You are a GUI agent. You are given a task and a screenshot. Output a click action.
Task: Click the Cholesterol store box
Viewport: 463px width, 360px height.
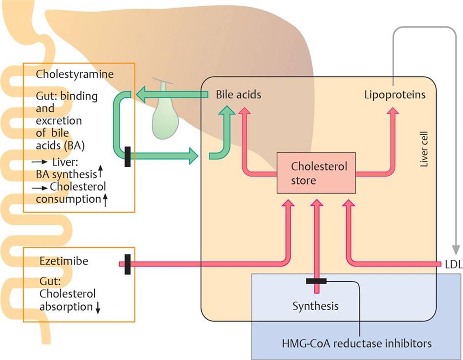click(x=316, y=173)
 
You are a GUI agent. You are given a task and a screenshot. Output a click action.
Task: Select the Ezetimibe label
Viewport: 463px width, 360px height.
click(x=64, y=261)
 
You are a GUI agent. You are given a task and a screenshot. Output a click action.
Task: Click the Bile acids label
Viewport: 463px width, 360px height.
click(x=238, y=95)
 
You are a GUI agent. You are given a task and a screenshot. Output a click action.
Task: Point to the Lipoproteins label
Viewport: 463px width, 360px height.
click(x=395, y=95)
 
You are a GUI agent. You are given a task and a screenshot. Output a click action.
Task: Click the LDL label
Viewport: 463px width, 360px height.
click(x=454, y=264)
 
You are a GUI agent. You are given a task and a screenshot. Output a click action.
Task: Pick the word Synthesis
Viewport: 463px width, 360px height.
click(x=316, y=306)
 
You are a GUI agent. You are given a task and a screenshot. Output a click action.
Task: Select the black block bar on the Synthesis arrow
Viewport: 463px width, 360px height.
click(x=316, y=281)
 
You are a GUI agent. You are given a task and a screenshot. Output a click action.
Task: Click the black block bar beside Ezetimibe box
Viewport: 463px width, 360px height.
click(x=127, y=264)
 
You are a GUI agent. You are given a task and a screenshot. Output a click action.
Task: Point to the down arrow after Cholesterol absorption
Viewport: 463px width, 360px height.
click(x=98, y=308)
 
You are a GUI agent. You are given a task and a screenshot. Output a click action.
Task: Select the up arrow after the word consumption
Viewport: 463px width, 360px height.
click(x=105, y=200)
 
